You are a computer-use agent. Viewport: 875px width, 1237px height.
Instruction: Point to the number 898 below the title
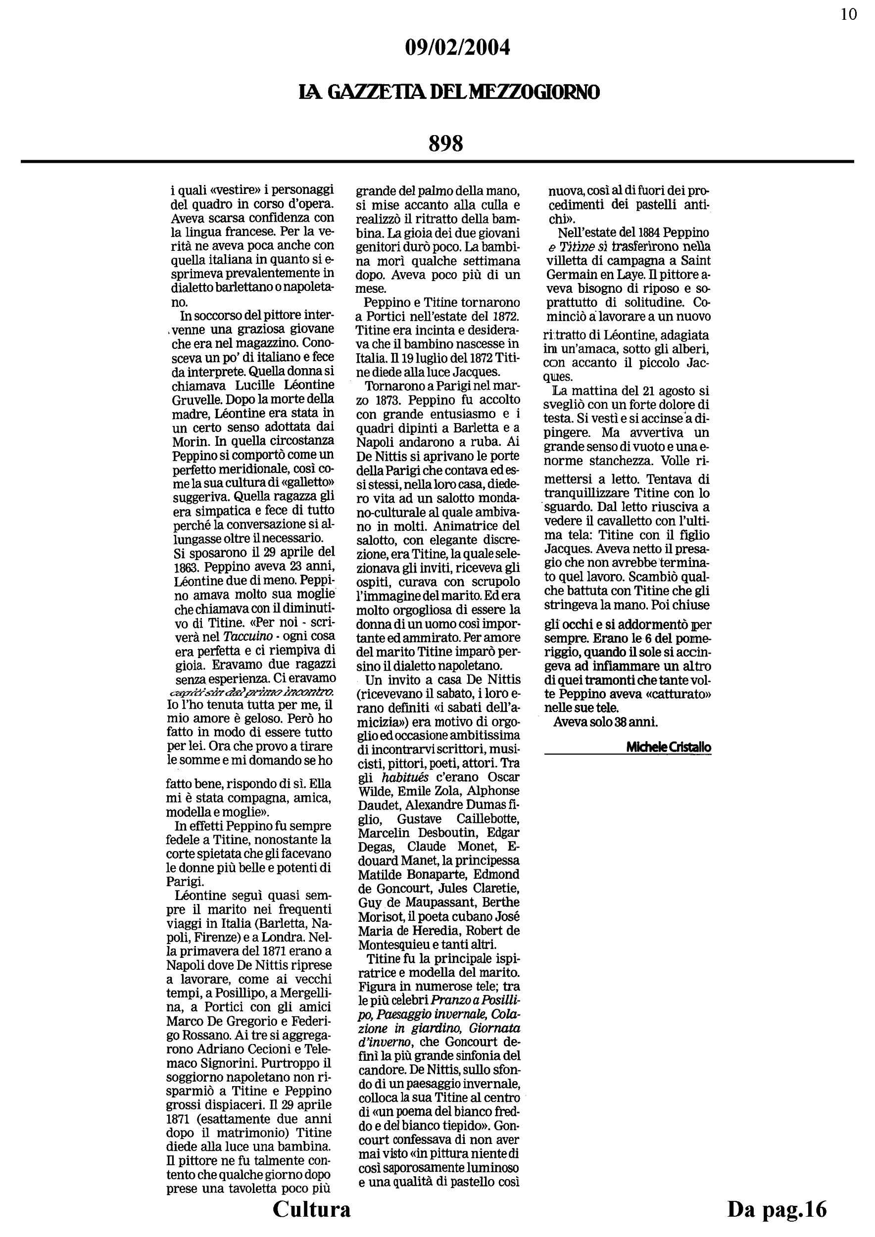click(x=446, y=144)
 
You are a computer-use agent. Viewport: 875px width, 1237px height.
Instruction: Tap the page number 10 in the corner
click(x=849, y=14)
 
